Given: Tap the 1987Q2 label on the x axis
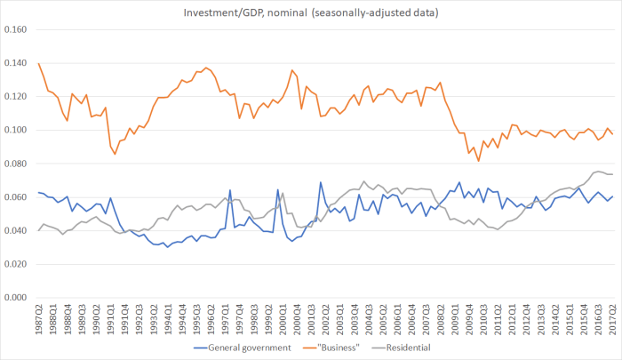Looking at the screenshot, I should [x=39, y=318].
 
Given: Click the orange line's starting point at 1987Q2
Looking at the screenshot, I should [x=39, y=64].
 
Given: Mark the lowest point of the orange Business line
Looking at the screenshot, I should [x=478, y=160].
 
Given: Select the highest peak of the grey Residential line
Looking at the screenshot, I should [x=597, y=172].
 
